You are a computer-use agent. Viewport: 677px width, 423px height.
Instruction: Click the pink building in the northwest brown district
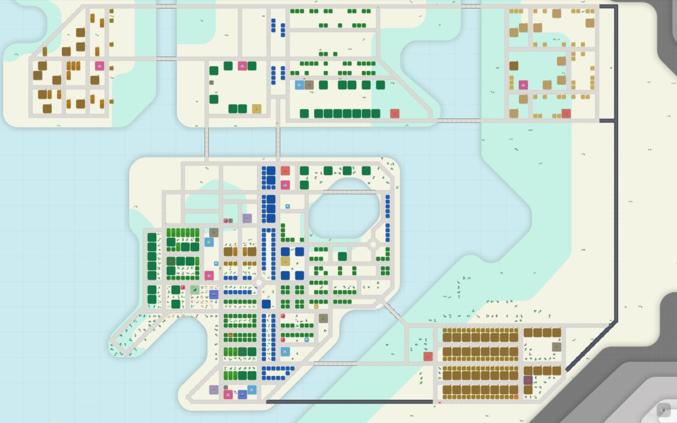[99, 66]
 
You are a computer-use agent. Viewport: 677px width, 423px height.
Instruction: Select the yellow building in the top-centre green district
[256, 109]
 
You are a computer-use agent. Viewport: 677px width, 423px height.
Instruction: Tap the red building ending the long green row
[395, 114]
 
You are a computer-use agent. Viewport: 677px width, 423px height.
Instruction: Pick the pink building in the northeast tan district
[523, 85]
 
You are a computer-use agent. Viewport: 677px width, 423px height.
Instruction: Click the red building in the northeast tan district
[566, 114]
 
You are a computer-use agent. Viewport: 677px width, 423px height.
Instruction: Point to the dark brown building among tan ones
[513, 66]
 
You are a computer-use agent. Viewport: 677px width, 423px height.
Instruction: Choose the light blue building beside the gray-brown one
[299, 85]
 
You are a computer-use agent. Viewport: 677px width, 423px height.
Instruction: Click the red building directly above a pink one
[285, 171]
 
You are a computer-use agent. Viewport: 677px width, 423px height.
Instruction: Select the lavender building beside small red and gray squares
[247, 218]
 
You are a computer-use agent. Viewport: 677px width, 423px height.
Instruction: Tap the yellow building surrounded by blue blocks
[285, 261]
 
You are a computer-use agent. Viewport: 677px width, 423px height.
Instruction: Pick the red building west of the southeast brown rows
[428, 356]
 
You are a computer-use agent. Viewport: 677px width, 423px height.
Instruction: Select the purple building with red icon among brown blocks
[528, 380]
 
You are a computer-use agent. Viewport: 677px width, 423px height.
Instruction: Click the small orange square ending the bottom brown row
[516, 397]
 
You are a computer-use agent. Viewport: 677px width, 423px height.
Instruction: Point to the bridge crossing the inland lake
[350, 192]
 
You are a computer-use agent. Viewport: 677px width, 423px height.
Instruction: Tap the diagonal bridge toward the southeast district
[394, 311]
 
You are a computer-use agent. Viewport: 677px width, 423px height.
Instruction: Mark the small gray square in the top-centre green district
[211, 82]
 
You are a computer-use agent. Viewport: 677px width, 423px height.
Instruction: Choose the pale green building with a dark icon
[195, 290]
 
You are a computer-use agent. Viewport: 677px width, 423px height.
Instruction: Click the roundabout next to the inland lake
[373, 244]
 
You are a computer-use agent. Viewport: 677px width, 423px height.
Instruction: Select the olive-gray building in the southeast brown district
[556, 347]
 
